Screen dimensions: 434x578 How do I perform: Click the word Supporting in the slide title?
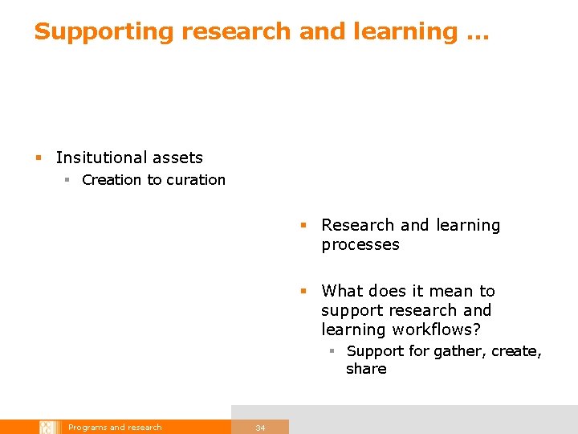(104, 32)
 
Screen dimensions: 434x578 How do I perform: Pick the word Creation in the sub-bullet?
(112, 180)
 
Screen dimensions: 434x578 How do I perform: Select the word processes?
(360, 245)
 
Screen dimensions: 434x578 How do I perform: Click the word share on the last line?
(366, 369)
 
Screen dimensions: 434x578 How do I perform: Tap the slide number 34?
(260, 428)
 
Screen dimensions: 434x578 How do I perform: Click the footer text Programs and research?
(115, 428)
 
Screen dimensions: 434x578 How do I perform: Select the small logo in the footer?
(48, 427)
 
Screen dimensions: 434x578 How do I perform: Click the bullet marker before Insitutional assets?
(38, 158)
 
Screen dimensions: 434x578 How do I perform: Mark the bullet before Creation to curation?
(68, 181)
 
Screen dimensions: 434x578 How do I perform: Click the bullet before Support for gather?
(332, 352)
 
